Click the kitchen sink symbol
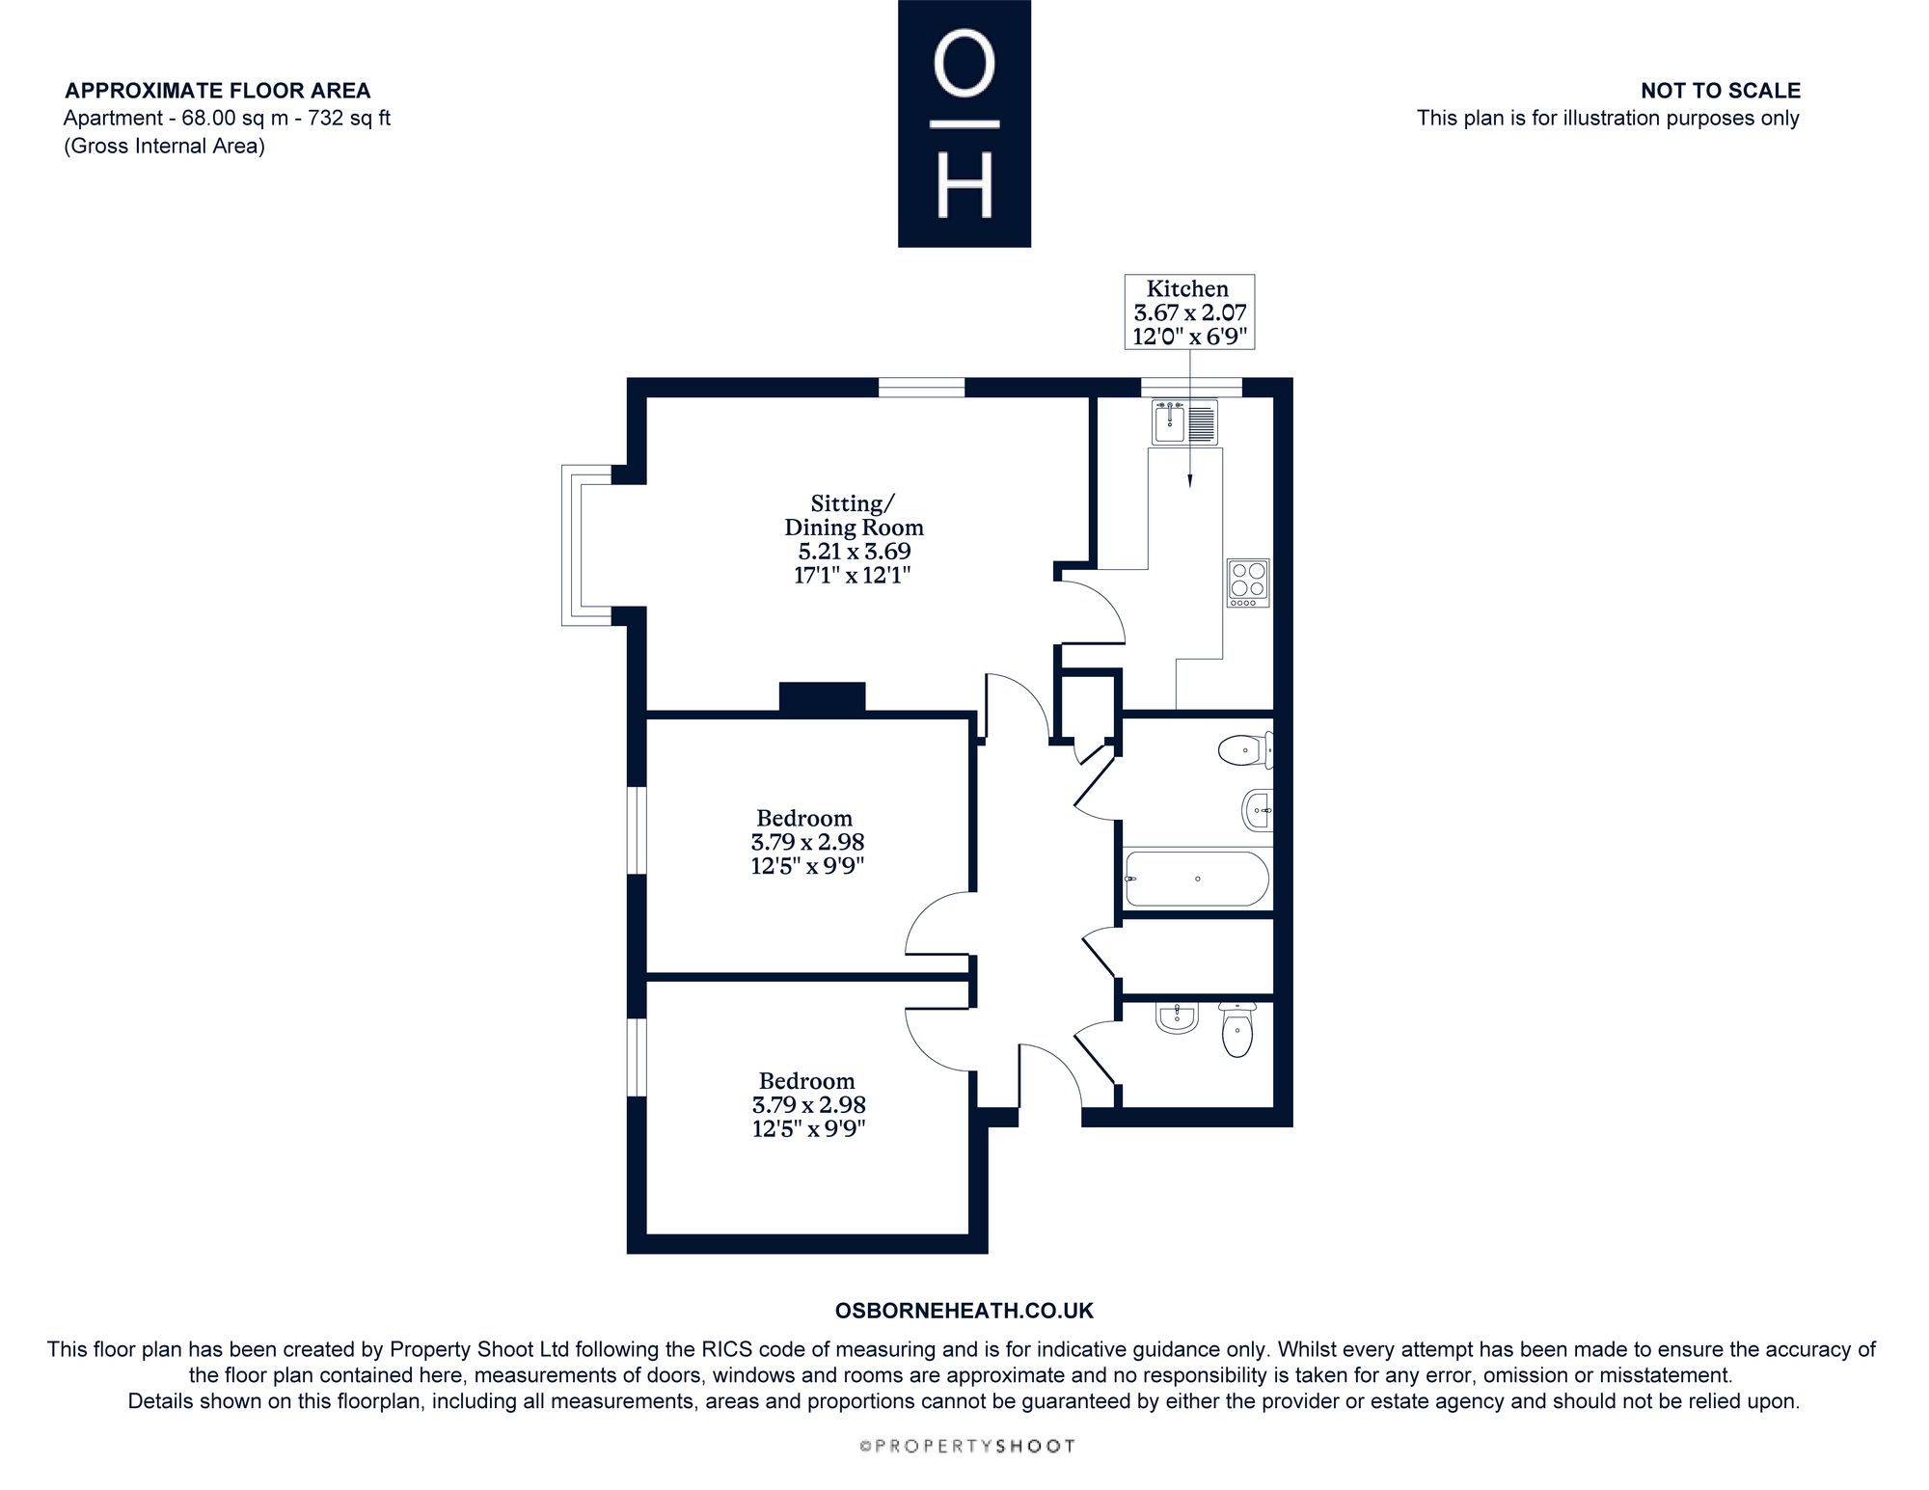tap(1185, 422)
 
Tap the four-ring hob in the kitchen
tap(1248, 582)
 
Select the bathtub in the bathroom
tap(1197, 879)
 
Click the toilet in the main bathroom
tap(1246, 749)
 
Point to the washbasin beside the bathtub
tap(1258, 810)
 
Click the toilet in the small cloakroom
tap(1237, 1029)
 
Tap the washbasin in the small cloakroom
tap(1177, 1017)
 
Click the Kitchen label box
tap(1190, 312)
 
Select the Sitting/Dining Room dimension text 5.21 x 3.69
tap(854, 552)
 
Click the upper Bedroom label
tap(804, 818)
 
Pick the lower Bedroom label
tap(806, 1081)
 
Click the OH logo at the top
tap(964, 123)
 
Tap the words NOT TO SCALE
tap(1721, 91)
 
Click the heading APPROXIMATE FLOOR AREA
tap(217, 91)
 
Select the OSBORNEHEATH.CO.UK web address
tap(964, 1311)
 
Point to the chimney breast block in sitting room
tap(822, 697)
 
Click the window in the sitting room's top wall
tap(921, 387)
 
